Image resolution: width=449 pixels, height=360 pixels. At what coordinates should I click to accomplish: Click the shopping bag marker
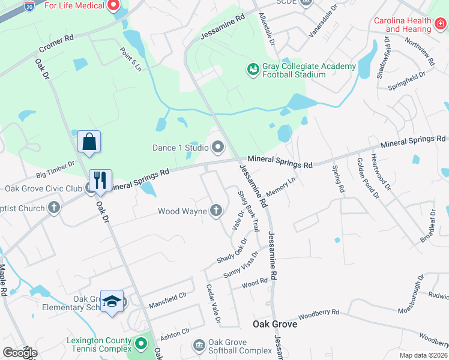[x=89, y=143]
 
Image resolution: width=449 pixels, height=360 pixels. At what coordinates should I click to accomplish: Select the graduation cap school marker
[x=112, y=302]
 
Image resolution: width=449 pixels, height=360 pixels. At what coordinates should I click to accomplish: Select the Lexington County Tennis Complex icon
[x=141, y=344]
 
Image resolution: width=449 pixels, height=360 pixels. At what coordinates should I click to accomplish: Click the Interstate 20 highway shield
[x=29, y=5]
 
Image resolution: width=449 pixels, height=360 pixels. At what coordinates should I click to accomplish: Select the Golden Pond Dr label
[x=368, y=178]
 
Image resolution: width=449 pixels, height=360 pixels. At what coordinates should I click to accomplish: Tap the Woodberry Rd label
[x=319, y=313]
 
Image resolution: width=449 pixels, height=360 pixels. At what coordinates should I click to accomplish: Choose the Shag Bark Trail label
[x=248, y=211]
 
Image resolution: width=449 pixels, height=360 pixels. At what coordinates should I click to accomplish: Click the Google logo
[x=20, y=353]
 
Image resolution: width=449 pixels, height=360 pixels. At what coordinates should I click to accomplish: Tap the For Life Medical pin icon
[x=112, y=6]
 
